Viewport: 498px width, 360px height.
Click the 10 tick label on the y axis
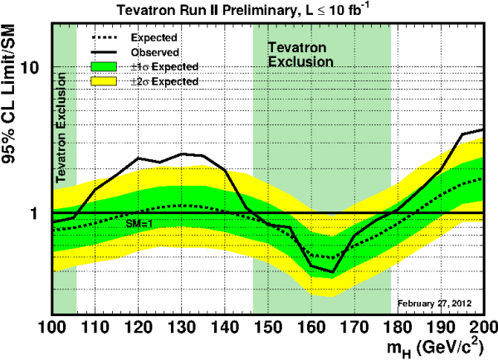(35, 66)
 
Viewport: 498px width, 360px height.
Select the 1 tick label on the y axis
(40, 213)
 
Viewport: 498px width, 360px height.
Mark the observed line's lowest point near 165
(333, 272)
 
